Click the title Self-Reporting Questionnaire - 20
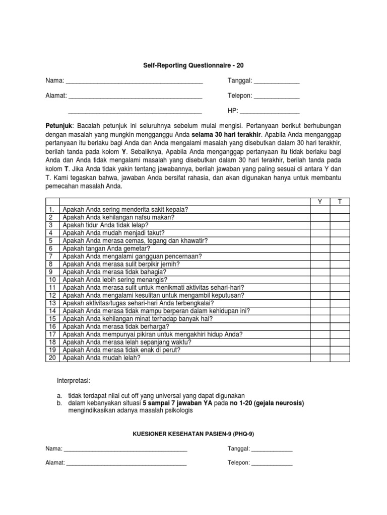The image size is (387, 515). [x=194, y=65]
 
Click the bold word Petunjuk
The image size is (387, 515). [x=59, y=125]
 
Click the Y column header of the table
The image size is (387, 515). [x=319, y=202]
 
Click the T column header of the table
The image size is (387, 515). [x=340, y=202]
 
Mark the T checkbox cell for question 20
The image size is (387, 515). [x=340, y=358]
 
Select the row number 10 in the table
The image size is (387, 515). [x=51, y=280]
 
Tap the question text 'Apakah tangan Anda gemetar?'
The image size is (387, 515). [x=106, y=248]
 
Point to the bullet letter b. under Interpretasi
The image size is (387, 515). [x=59, y=403]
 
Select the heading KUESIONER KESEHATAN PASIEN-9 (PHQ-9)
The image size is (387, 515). [x=193, y=434]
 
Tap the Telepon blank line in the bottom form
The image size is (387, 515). [x=272, y=463]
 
